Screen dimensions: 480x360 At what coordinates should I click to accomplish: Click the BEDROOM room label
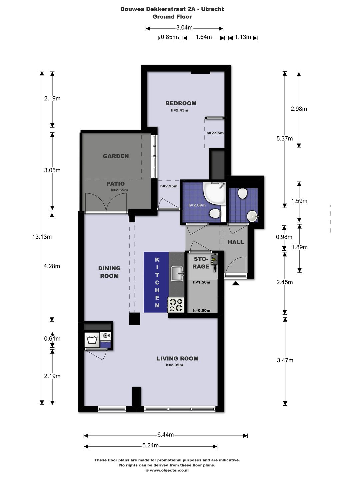pyautogui.click(x=181, y=103)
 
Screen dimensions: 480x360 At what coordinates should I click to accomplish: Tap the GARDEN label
pyautogui.click(x=116, y=156)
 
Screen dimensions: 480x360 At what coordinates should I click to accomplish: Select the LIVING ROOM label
pyautogui.click(x=177, y=359)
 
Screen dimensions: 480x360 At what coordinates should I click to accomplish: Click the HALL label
pyautogui.click(x=236, y=242)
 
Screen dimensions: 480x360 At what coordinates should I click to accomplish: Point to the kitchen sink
pyautogui.click(x=177, y=274)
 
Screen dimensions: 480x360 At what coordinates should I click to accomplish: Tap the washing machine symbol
pyautogui.click(x=92, y=340)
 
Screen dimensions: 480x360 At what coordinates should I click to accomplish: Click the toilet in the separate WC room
pyautogui.click(x=242, y=193)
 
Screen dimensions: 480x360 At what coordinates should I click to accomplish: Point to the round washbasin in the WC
pyautogui.click(x=252, y=216)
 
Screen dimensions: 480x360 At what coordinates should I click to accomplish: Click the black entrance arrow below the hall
pyautogui.click(x=236, y=283)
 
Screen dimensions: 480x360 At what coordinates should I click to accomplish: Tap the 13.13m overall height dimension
pyautogui.click(x=42, y=237)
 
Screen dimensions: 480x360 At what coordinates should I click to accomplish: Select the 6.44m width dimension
pyautogui.click(x=165, y=435)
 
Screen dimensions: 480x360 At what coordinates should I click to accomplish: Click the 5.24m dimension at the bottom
pyautogui.click(x=150, y=446)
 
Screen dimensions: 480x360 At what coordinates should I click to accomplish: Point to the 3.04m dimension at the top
pyautogui.click(x=184, y=28)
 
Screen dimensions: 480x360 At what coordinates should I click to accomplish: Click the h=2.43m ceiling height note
pyautogui.click(x=179, y=110)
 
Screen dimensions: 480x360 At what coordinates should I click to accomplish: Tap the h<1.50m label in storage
pyautogui.click(x=202, y=282)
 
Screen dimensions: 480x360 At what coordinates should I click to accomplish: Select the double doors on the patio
pyautogui.click(x=106, y=203)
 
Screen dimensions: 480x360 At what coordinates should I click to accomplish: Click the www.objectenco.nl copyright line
pyautogui.click(x=167, y=470)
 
